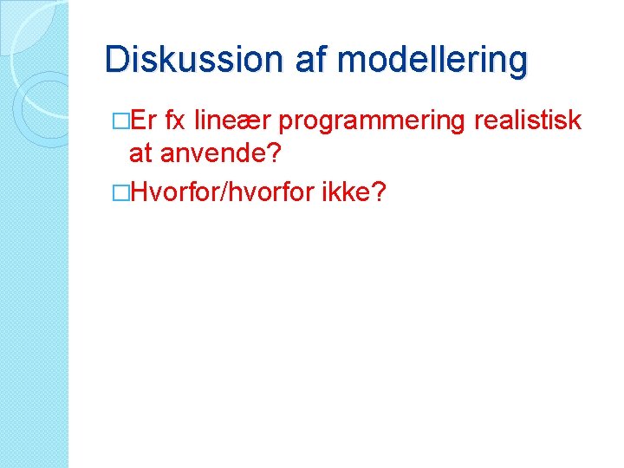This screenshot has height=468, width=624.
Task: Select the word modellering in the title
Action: tap(432, 60)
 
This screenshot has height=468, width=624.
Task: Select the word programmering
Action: tap(373, 122)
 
